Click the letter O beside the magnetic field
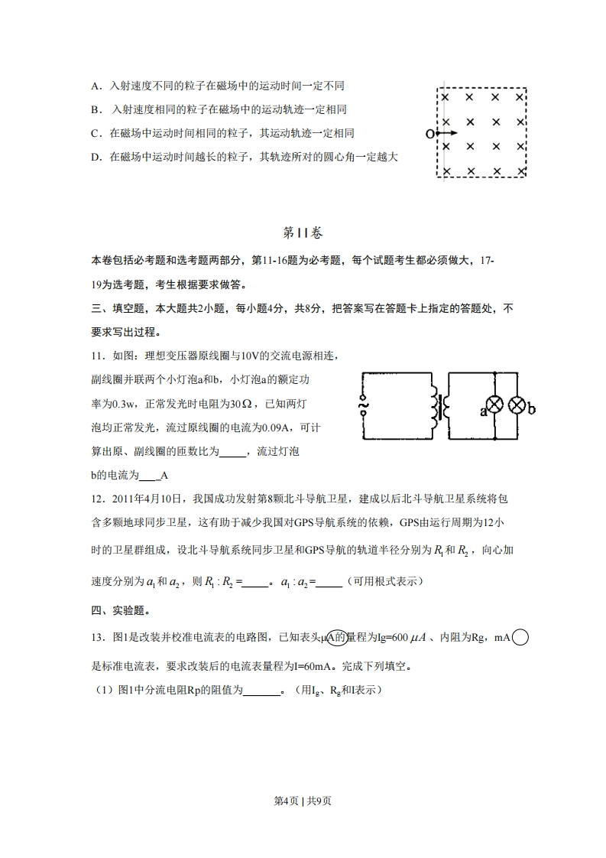click(429, 134)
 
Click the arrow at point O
click(445, 134)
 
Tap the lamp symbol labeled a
click(495, 406)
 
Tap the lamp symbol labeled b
click(518, 406)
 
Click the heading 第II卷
click(303, 232)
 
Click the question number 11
click(97, 356)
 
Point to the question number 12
click(97, 499)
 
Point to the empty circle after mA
click(520, 636)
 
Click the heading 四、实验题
click(121, 609)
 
